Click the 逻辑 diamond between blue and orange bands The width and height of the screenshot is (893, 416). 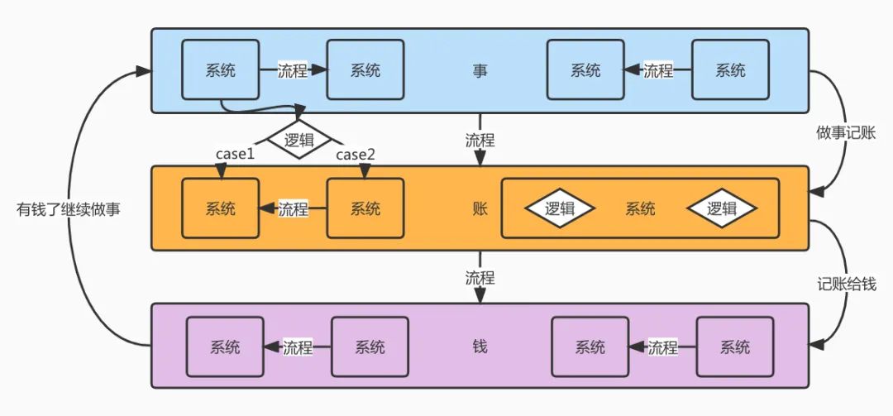pyautogui.click(x=298, y=140)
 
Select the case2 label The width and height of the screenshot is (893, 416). pyautogui.click(x=356, y=155)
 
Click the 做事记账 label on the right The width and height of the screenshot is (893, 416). pyautogui.click(x=845, y=133)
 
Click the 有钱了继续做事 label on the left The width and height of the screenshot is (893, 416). pyautogui.click(x=69, y=209)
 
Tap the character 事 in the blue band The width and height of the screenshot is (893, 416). pyautogui.click(x=480, y=71)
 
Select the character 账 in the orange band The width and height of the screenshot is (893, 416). pyautogui.click(x=480, y=208)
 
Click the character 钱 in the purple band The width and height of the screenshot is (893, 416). pyautogui.click(x=480, y=347)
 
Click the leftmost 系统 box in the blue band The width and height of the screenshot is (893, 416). pyautogui.click(x=220, y=71)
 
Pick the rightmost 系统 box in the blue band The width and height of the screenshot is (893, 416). pyautogui.click(x=730, y=71)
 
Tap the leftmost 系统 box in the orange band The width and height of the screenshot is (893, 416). pyautogui.click(x=220, y=208)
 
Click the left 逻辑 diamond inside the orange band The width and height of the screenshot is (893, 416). pyautogui.click(x=560, y=208)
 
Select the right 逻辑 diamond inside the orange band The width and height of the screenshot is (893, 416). pyautogui.click(x=721, y=208)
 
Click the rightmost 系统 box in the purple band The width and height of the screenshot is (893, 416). pyautogui.click(x=735, y=347)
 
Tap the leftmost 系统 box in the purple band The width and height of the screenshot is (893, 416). pyautogui.click(x=225, y=347)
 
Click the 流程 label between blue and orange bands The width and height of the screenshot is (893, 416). pyautogui.click(x=480, y=140)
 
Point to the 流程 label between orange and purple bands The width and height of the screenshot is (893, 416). pyautogui.click(x=480, y=278)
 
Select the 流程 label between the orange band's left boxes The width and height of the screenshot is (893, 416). pyautogui.click(x=293, y=208)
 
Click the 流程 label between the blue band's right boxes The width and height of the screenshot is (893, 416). pyautogui.click(x=658, y=71)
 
